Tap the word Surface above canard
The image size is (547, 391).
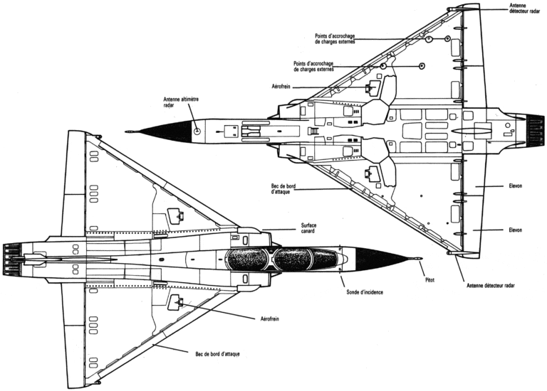[x=308, y=225]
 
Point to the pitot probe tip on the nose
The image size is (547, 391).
[x=422, y=258]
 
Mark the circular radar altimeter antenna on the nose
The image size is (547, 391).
[x=195, y=130]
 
